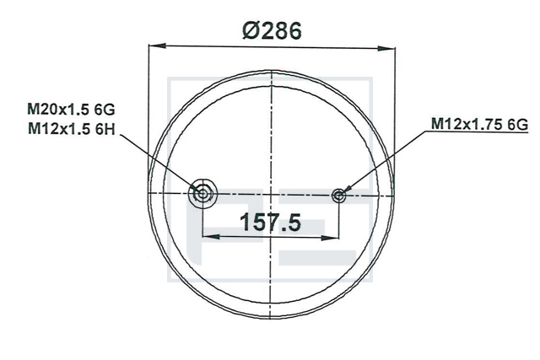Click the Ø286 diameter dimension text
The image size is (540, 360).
tap(272, 30)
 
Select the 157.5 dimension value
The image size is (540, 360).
tap(270, 222)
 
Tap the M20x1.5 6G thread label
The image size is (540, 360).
tap(71, 110)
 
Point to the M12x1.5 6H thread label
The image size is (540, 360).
tap(71, 129)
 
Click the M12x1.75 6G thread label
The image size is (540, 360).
tap(479, 124)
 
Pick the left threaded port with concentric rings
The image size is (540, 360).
tap(202, 194)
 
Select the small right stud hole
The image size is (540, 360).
tap(339, 196)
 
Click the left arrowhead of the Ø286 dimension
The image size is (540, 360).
tap(158, 46)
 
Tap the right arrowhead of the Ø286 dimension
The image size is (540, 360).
tap(386, 48)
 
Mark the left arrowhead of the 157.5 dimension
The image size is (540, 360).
tap(211, 236)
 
